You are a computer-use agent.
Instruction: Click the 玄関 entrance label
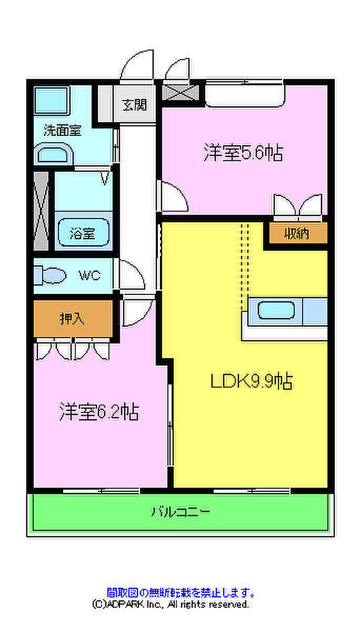click(x=135, y=104)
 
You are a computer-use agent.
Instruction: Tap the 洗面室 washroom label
click(x=62, y=130)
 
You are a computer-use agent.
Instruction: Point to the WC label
click(x=89, y=275)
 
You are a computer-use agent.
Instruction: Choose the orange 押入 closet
click(x=73, y=319)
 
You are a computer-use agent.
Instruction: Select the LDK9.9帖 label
click(x=252, y=380)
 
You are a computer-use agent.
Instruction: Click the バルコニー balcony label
click(x=181, y=511)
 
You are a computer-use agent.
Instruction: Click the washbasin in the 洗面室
click(x=53, y=155)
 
